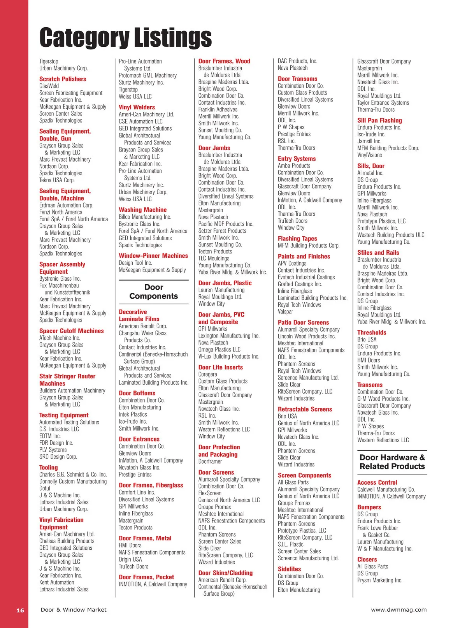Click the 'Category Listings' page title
[125, 38]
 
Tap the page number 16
[20, 610]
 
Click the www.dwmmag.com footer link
[399, 610]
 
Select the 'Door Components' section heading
[153, 292]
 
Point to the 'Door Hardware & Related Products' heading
[392, 462]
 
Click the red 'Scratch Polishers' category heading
[63, 79]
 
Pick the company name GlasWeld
[49, 86]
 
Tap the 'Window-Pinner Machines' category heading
[153, 256]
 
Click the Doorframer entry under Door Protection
[210, 461]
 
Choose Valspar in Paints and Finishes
[285, 311]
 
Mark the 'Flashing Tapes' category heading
[297, 238]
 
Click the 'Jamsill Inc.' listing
[369, 141]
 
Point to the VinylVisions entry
[370, 155]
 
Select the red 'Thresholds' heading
[372, 332]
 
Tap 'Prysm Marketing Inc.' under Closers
[379, 580]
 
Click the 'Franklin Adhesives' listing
[218, 109]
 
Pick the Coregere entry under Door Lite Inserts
[208, 374]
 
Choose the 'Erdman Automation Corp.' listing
[66, 205]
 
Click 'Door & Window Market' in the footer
[74, 610]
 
